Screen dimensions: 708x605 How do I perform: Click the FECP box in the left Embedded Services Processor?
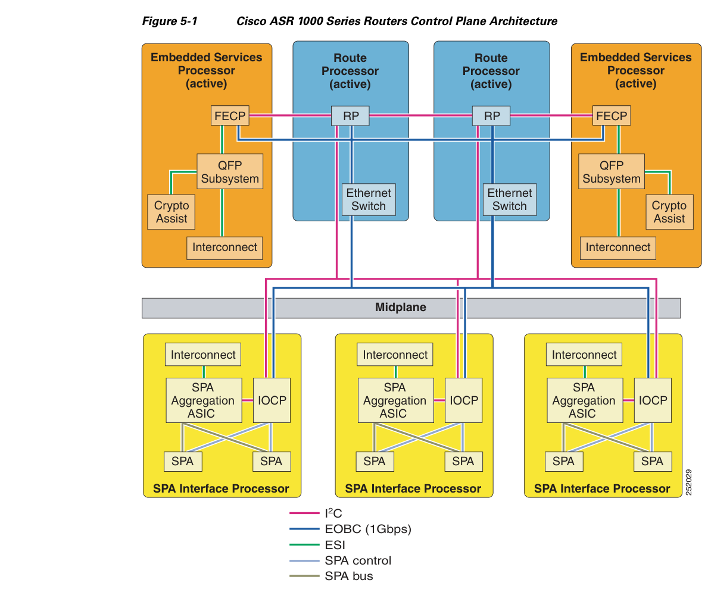[x=230, y=116]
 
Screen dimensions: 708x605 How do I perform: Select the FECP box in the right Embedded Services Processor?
[x=612, y=116]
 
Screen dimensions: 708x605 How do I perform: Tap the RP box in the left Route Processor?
[x=350, y=116]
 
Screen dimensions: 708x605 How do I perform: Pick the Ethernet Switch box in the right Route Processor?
[x=510, y=199]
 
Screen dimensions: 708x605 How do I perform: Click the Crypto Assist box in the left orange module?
[x=171, y=212]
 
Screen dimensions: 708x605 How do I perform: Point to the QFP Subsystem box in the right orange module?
[x=612, y=172]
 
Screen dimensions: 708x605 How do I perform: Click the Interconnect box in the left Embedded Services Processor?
[x=224, y=247]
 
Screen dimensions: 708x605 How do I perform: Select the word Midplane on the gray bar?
[x=401, y=307]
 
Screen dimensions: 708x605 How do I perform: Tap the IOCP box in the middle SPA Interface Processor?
[x=464, y=400]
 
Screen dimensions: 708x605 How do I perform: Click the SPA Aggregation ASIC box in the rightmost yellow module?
[x=585, y=400]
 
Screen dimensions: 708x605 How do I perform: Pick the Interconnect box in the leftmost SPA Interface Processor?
[x=202, y=355]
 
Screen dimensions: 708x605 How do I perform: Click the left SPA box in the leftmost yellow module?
[x=183, y=462]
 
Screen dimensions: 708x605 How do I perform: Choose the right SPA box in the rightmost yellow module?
[x=653, y=462]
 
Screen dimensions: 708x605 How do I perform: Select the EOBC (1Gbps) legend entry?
[x=350, y=529]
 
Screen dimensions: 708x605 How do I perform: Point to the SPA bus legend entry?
[x=332, y=576]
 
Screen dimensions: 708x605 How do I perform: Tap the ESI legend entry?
[x=317, y=545]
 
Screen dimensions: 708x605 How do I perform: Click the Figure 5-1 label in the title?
[x=170, y=21]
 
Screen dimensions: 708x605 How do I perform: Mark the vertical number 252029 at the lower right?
[x=688, y=482]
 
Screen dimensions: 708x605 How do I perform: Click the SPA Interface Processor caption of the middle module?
[x=413, y=488]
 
